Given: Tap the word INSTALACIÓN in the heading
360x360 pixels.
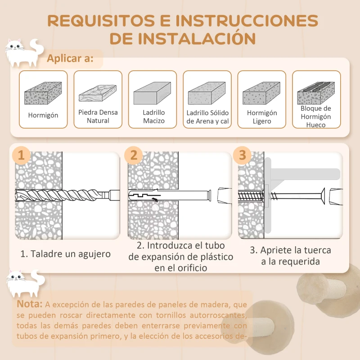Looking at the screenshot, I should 183,38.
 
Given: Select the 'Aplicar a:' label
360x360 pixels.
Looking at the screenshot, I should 70,58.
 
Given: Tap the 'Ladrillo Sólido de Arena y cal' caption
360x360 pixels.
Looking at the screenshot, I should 207,117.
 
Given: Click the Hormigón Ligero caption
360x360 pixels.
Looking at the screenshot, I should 262,117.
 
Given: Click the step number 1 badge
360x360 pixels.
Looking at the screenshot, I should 21,156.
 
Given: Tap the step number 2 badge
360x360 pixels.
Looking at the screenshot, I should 134,156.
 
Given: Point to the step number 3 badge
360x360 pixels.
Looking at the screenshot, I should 243,156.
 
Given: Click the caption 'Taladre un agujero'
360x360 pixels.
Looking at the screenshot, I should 66,253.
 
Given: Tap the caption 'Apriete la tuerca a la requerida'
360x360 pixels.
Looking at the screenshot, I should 290,256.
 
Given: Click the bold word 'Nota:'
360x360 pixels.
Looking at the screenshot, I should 30,304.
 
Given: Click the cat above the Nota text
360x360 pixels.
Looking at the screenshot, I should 23,282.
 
